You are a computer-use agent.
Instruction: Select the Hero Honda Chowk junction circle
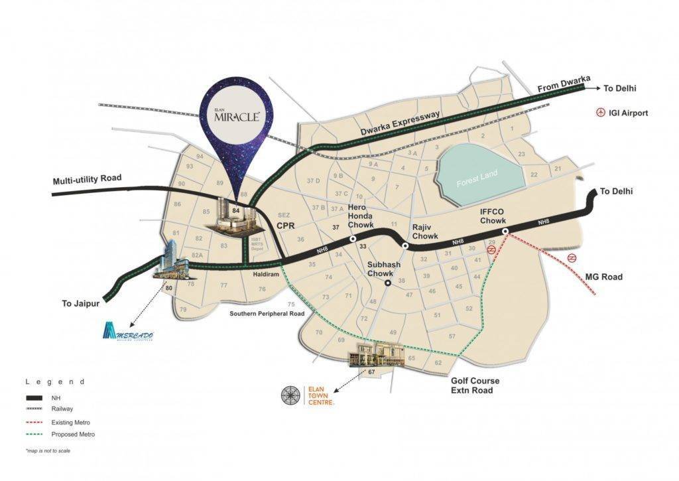[353, 239]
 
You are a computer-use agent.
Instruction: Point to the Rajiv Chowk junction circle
[405, 245]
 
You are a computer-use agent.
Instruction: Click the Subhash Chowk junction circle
[387, 284]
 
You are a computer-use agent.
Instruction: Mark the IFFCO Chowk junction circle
[505, 232]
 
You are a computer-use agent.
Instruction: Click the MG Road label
[604, 277]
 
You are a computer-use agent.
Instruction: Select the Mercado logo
[129, 333]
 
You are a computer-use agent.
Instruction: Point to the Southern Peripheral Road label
[267, 312]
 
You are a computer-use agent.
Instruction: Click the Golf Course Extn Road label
[475, 385]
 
